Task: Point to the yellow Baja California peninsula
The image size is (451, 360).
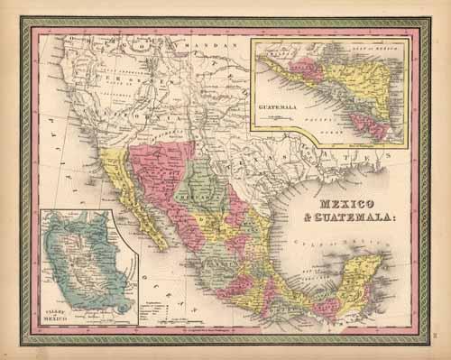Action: coord(135,202)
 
